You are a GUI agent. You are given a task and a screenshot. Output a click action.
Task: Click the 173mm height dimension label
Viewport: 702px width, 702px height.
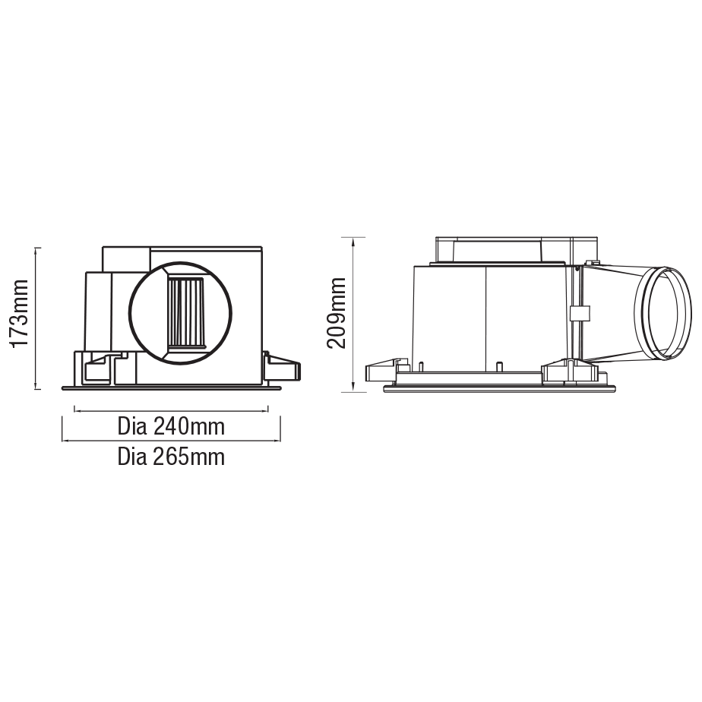pos(20,313)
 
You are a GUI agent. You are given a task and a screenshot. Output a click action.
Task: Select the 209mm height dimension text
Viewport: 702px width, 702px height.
pos(336,312)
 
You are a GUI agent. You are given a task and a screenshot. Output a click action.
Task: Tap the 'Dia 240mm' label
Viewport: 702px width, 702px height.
pos(171,426)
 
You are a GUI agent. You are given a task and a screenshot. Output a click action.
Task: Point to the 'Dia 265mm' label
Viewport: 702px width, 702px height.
pos(171,457)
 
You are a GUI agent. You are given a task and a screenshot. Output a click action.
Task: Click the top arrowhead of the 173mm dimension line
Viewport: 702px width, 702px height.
pos(36,250)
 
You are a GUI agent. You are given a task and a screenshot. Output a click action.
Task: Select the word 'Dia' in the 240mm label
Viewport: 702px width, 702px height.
pos(133,426)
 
